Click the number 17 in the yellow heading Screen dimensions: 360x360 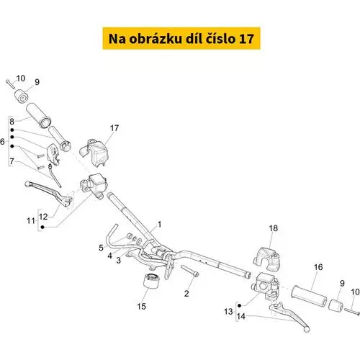246,39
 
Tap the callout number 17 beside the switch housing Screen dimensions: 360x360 114,128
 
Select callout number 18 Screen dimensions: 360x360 274,228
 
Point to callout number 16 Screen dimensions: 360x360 318,267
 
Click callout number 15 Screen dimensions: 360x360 141,307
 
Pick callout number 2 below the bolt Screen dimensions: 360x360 186,293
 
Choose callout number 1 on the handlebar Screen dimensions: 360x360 159,225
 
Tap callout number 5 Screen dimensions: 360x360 101,248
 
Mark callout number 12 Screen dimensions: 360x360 43,217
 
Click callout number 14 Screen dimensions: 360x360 241,316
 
